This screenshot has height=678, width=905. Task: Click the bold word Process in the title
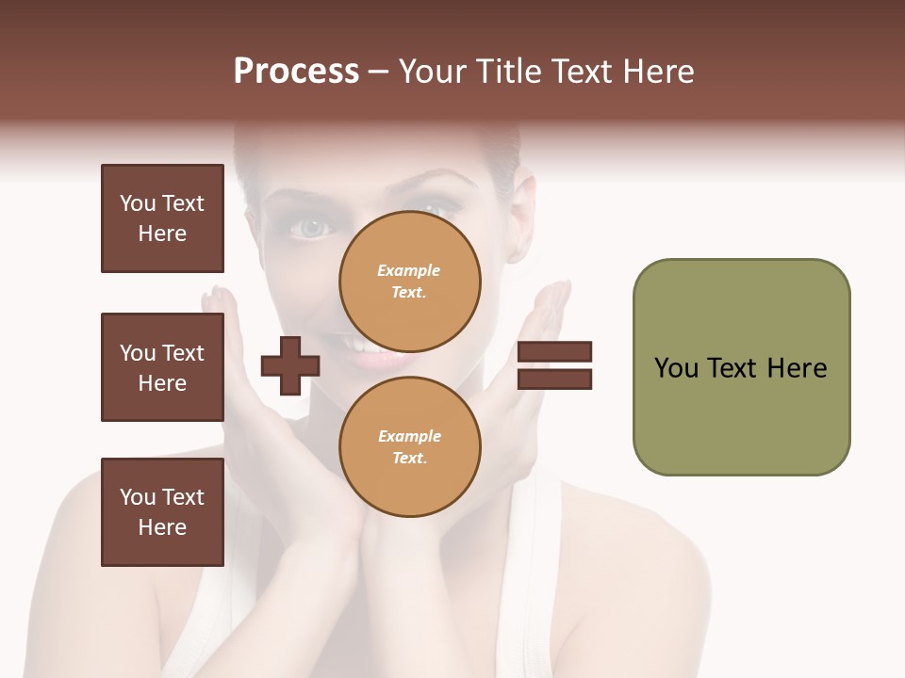(x=296, y=72)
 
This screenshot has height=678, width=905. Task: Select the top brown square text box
(x=162, y=218)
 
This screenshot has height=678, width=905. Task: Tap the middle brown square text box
(x=162, y=367)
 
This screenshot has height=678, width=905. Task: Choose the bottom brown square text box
(x=162, y=512)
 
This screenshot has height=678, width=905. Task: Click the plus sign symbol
(x=290, y=366)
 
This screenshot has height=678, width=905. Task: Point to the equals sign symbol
(x=554, y=365)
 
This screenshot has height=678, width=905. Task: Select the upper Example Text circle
(x=410, y=281)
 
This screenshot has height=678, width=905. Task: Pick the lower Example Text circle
(x=410, y=446)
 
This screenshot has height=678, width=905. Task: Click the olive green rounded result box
(x=741, y=367)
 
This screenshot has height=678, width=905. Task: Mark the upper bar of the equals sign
(x=554, y=352)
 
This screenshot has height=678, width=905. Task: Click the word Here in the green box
(x=797, y=367)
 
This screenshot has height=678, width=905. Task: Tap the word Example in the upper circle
(x=409, y=270)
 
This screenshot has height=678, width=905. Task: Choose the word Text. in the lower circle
(x=409, y=459)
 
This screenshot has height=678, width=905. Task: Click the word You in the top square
(x=138, y=203)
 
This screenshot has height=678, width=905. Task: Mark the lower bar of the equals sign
(x=554, y=379)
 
